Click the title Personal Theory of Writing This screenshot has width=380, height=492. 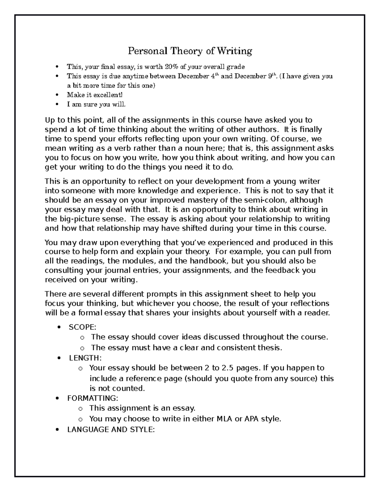pyautogui.click(x=190, y=51)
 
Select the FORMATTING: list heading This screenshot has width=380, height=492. pyautogui.click(x=92, y=398)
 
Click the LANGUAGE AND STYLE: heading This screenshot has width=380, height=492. pyautogui.click(x=111, y=430)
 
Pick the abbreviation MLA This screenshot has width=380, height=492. pyautogui.click(x=225, y=419)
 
